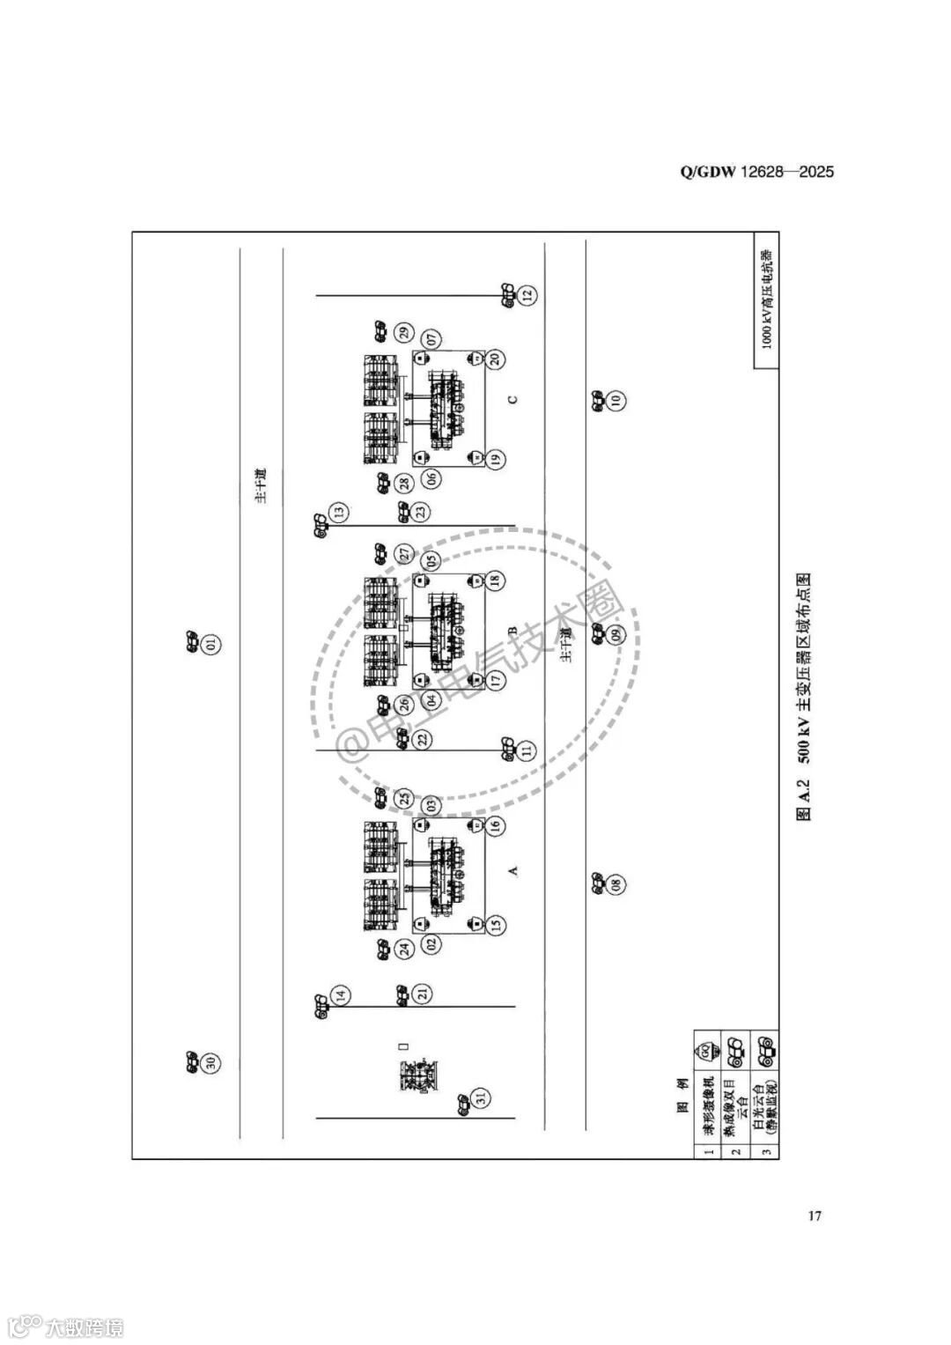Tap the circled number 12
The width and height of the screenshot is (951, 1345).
[x=527, y=296]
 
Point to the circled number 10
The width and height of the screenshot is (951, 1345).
[x=616, y=400]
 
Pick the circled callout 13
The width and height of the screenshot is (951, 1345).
[x=339, y=512]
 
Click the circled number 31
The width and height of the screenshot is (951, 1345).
[x=482, y=1097]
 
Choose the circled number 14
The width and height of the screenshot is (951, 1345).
[x=341, y=996]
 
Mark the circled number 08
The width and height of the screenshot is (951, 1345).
[x=616, y=883]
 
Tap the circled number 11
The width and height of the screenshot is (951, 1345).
[x=527, y=750]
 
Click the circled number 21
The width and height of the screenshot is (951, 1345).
[x=423, y=994]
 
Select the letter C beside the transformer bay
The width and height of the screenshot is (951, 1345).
[x=513, y=399]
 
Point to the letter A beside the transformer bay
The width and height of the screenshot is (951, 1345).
[x=513, y=870]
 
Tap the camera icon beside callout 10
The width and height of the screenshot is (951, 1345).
[x=596, y=400]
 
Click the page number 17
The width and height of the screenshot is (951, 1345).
[x=815, y=1216]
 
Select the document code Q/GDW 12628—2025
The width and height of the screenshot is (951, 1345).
[x=756, y=172]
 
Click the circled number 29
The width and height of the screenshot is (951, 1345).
[x=404, y=332]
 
